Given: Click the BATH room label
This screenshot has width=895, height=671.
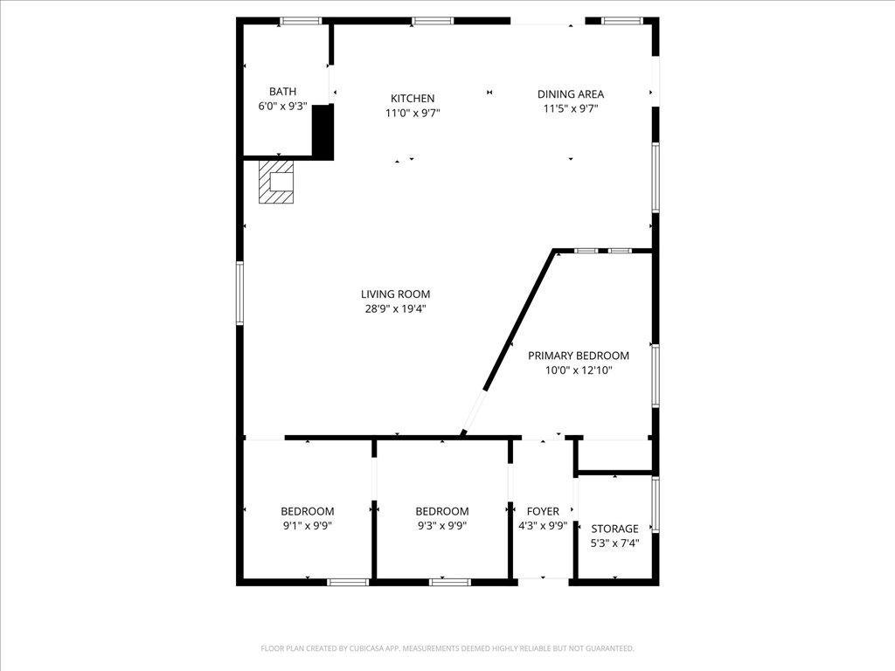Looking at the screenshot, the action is coord(282,91).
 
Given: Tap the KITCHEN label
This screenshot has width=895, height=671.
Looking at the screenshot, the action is coord(413,98).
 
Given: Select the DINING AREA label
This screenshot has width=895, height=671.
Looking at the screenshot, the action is coord(570,94).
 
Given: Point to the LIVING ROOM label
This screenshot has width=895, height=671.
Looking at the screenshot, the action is coord(395,294).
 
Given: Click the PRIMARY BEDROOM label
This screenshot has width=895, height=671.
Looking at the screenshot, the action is coord(579,356).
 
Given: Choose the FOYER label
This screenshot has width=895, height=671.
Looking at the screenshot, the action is coord(543,511).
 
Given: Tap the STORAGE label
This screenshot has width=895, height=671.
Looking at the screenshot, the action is coord(614,529).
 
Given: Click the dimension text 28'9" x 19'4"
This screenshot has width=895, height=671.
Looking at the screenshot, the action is coord(395,309).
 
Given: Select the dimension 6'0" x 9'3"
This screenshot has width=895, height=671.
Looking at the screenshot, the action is coord(282,106).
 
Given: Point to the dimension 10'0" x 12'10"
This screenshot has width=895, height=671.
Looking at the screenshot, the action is coord(579,370).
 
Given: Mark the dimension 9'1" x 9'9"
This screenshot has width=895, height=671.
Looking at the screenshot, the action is coord(307,526).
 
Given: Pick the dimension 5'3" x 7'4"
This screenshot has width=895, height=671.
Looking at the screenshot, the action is coord(614,543).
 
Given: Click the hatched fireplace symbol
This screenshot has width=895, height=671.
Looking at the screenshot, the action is coord(276,182).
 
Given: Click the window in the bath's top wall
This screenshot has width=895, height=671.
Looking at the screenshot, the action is coord(301,21).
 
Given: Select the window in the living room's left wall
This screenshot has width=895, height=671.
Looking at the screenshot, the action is coord(239,293).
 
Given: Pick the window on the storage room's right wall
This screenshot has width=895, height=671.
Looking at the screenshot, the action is coord(656,504).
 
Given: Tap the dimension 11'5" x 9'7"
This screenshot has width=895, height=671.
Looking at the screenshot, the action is coord(570,109).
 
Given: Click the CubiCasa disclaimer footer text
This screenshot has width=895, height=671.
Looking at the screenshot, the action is coord(447,648).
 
